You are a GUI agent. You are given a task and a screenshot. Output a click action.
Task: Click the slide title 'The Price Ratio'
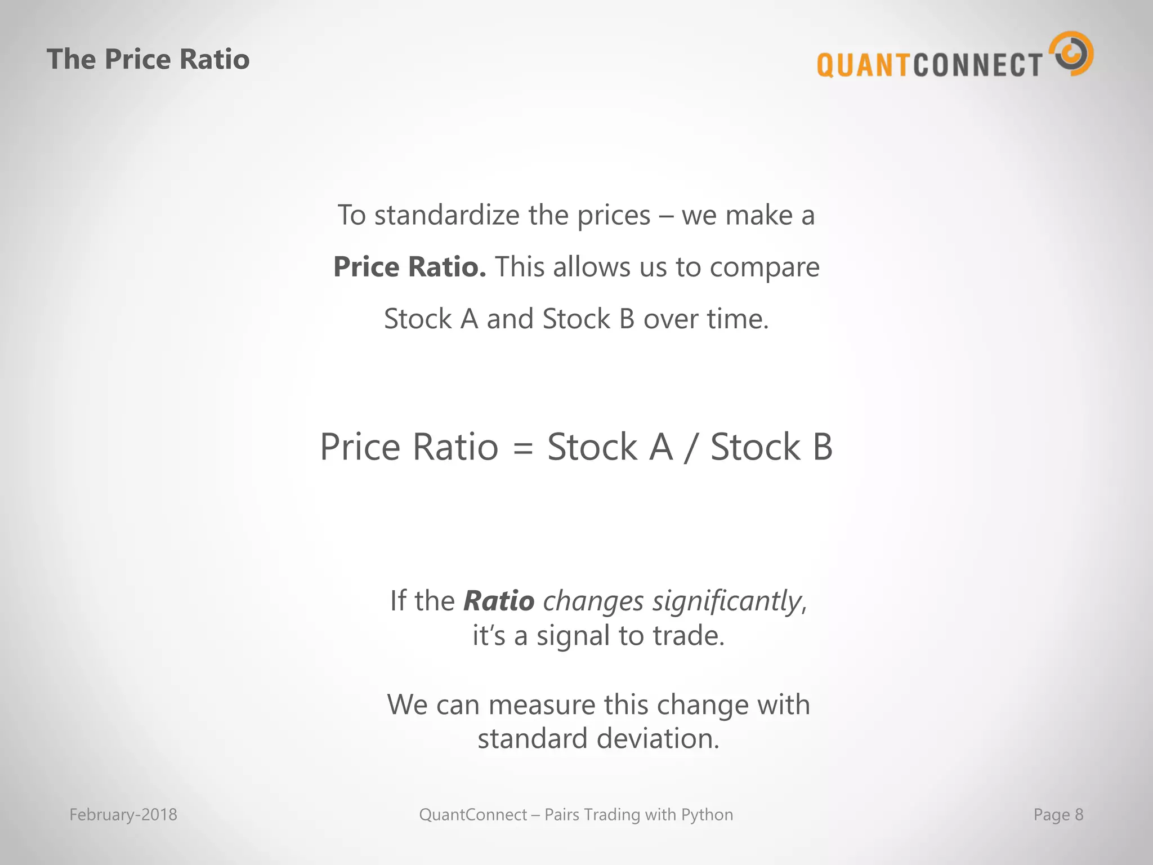[148, 59]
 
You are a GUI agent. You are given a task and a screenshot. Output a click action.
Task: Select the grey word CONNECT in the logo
[977, 65]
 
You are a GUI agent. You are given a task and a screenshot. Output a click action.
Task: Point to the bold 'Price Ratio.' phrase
[409, 267]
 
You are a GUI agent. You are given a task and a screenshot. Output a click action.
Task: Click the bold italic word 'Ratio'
[499, 601]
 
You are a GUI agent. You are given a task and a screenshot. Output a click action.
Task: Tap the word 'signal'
[573, 636]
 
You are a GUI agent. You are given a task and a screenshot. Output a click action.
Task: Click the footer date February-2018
[123, 815]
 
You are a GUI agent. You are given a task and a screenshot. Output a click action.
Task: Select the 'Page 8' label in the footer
[1058, 815]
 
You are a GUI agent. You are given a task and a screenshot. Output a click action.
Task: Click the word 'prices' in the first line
[614, 216]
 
